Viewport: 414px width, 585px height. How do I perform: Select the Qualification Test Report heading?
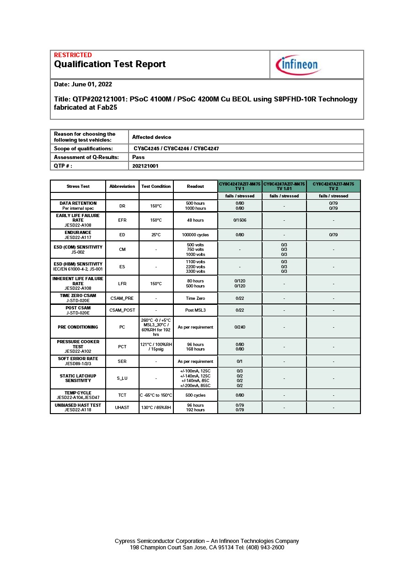[x=110, y=64]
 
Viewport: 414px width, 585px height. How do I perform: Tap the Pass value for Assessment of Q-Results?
[x=138, y=157]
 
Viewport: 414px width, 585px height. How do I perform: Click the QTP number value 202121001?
[x=145, y=166]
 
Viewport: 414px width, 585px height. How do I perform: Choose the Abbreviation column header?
[x=122, y=186]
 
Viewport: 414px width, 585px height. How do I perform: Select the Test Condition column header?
[x=156, y=186]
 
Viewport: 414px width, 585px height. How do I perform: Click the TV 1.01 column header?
[x=284, y=186]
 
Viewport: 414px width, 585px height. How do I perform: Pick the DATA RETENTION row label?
[x=78, y=206]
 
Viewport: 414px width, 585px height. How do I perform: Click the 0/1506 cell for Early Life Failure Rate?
[x=240, y=220]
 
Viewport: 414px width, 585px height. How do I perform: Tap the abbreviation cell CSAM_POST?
[x=122, y=310]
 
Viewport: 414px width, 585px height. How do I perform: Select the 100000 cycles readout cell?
[x=195, y=235]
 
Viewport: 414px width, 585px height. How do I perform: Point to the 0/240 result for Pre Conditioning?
[x=240, y=327]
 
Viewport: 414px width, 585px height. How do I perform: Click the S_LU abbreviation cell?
[x=122, y=378]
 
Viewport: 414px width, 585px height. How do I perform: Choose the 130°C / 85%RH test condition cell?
[x=156, y=408]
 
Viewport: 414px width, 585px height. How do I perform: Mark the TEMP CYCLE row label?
[x=78, y=395]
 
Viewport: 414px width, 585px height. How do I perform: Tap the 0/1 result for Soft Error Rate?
[x=240, y=362]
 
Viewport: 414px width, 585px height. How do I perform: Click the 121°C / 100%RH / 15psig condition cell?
[x=156, y=347]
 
